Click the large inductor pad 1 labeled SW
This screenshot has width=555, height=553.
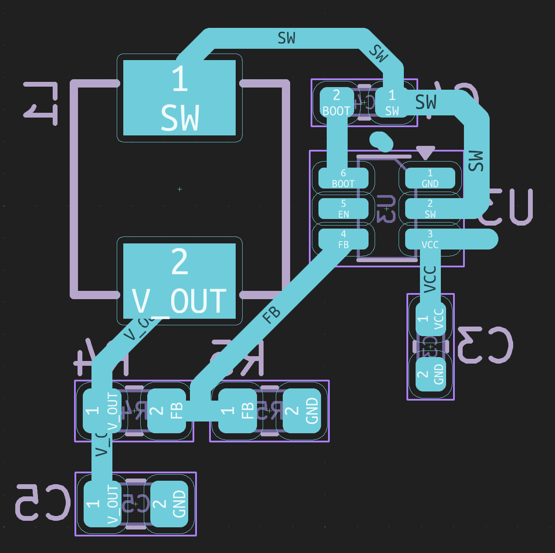click(x=179, y=98)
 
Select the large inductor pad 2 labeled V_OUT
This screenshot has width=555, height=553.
click(x=179, y=281)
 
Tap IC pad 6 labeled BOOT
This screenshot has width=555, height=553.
click(x=343, y=178)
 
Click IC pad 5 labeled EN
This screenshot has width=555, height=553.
click(x=343, y=209)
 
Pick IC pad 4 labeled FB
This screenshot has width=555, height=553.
click(x=343, y=239)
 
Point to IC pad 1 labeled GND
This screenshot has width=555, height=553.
click(x=430, y=178)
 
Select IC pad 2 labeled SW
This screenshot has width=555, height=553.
click(x=430, y=209)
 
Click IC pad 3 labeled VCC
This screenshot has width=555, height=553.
click(x=430, y=239)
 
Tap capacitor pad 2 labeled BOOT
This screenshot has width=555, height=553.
click(x=336, y=103)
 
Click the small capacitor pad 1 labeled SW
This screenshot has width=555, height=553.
click(x=392, y=103)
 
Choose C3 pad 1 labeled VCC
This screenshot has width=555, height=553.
click(x=431, y=319)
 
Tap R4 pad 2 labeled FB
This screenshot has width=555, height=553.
click(x=167, y=411)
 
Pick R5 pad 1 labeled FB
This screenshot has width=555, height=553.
click(x=237, y=411)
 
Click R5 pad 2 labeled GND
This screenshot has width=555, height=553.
click(x=302, y=411)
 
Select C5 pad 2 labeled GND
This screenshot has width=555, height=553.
click(x=169, y=504)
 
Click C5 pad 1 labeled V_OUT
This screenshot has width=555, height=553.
click(x=102, y=504)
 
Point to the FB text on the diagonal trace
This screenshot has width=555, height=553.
click(x=271, y=314)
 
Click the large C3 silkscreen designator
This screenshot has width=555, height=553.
click(x=484, y=345)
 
